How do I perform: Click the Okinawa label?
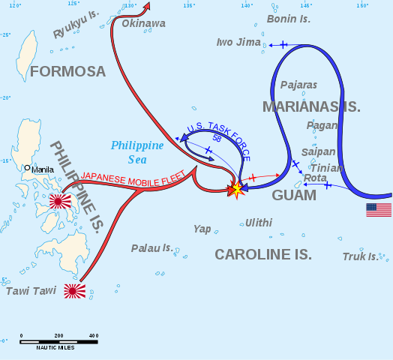point(143,23)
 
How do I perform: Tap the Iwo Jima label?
point(238,42)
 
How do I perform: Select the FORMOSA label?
point(68,71)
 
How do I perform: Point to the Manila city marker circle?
point(27,168)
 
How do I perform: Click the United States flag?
point(379,210)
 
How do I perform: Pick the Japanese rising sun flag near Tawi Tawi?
point(74,291)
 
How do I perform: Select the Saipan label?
point(318,151)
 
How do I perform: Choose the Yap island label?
point(202,229)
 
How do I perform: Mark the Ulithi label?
point(259,223)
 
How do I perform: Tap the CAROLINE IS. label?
point(263,254)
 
